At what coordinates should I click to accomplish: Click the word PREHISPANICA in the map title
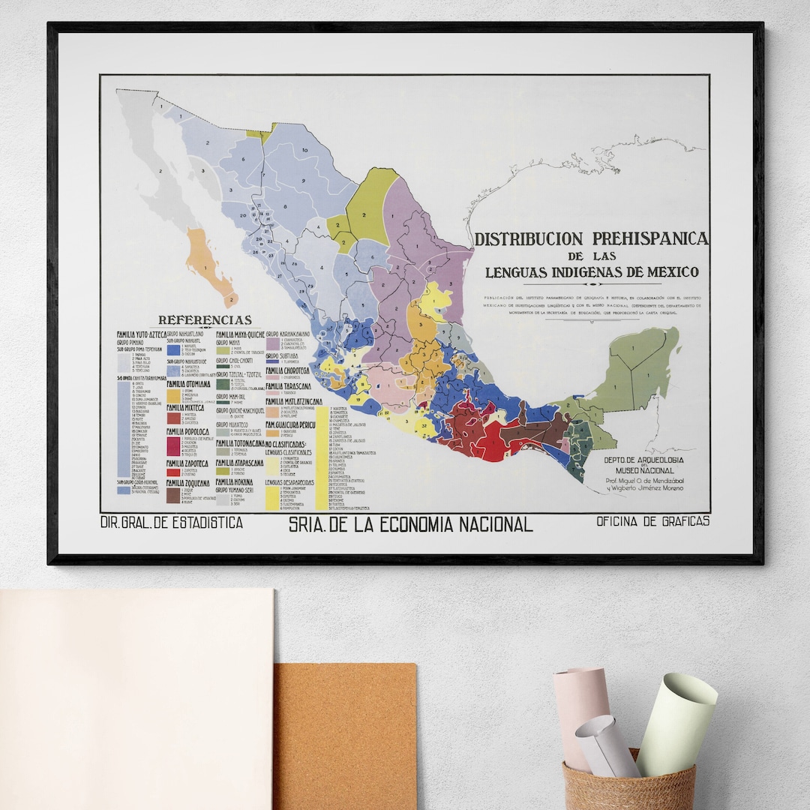tap(650, 238)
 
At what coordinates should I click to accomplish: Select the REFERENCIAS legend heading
tap(205, 320)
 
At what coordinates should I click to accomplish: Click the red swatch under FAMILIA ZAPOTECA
tap(173, 472)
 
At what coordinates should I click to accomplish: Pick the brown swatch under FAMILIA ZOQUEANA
tap(173, 496)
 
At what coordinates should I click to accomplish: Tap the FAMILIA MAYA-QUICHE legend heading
tap(240, 334)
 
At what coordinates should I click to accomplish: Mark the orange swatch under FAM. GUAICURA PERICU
tap(273, 433)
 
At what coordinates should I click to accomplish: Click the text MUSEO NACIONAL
tap(645, 470)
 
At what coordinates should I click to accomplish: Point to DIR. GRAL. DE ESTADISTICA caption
tap(171, 523)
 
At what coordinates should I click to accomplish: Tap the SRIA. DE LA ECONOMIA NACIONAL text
tap(410, 525)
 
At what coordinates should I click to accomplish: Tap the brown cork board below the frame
tap(345, 735)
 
